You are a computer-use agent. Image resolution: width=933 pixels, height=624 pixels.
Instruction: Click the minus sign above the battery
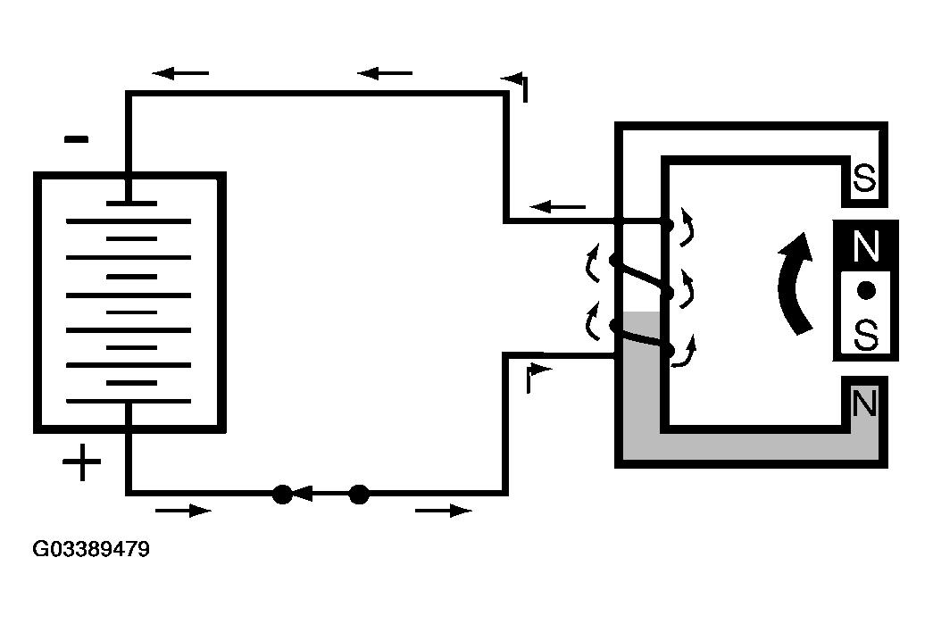[76, 140]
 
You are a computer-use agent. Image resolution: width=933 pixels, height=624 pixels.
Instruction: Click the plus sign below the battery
[81, 462]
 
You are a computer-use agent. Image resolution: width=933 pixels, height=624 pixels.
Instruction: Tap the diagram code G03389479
[91, 548]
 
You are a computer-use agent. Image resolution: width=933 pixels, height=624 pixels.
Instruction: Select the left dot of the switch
[282, 495]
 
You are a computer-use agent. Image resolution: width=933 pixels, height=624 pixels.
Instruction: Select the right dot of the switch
[359, 495]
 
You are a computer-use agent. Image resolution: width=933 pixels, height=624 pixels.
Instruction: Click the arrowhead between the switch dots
[303, 494]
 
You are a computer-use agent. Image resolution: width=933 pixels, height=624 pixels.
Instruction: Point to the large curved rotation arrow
[796, 283]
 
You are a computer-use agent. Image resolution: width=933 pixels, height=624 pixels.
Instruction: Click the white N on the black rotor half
[866, 246]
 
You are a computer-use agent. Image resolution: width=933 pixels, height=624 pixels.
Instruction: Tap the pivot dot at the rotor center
[866, 290]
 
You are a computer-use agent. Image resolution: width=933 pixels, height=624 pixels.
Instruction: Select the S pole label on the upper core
[864, 178]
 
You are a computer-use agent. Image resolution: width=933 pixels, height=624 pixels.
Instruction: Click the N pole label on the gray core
[864, 403]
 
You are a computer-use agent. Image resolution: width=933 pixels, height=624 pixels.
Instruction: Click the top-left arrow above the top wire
[180, 73]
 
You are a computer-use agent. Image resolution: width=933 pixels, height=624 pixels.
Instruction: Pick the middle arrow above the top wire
[385, 73]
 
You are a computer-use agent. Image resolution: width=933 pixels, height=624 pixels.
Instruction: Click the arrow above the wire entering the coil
[557, 207]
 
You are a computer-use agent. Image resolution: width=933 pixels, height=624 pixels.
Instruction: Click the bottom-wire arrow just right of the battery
[183, 511]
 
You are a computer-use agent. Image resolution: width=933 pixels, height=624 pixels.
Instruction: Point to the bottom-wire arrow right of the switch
[444, 511]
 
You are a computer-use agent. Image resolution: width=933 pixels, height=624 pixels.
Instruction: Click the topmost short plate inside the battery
[131, 204]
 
